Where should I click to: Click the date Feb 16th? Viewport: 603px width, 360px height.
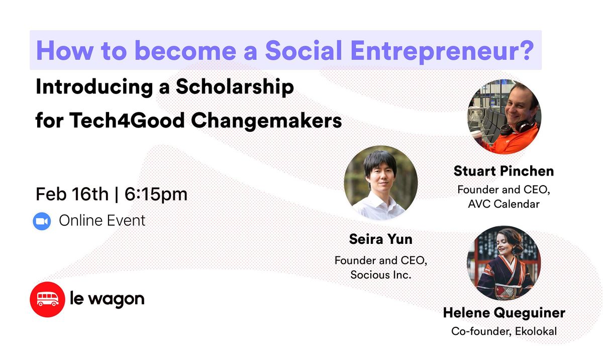click(72, 194)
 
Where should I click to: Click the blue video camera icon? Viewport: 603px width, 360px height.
click(42, 221)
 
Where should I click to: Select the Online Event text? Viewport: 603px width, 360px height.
click(102, 220)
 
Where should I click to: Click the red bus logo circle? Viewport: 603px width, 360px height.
click(47, 299)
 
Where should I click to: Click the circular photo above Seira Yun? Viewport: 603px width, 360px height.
click(380, 183)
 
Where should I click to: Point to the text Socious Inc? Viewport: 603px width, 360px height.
click(380, 275)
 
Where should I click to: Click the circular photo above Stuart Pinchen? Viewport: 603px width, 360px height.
click(504, 117)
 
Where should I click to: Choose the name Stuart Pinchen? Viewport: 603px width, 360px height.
click(504, 171)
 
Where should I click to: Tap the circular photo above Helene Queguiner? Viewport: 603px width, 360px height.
click(504, 262)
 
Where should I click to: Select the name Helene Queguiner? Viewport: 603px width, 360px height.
click(504, 313)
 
